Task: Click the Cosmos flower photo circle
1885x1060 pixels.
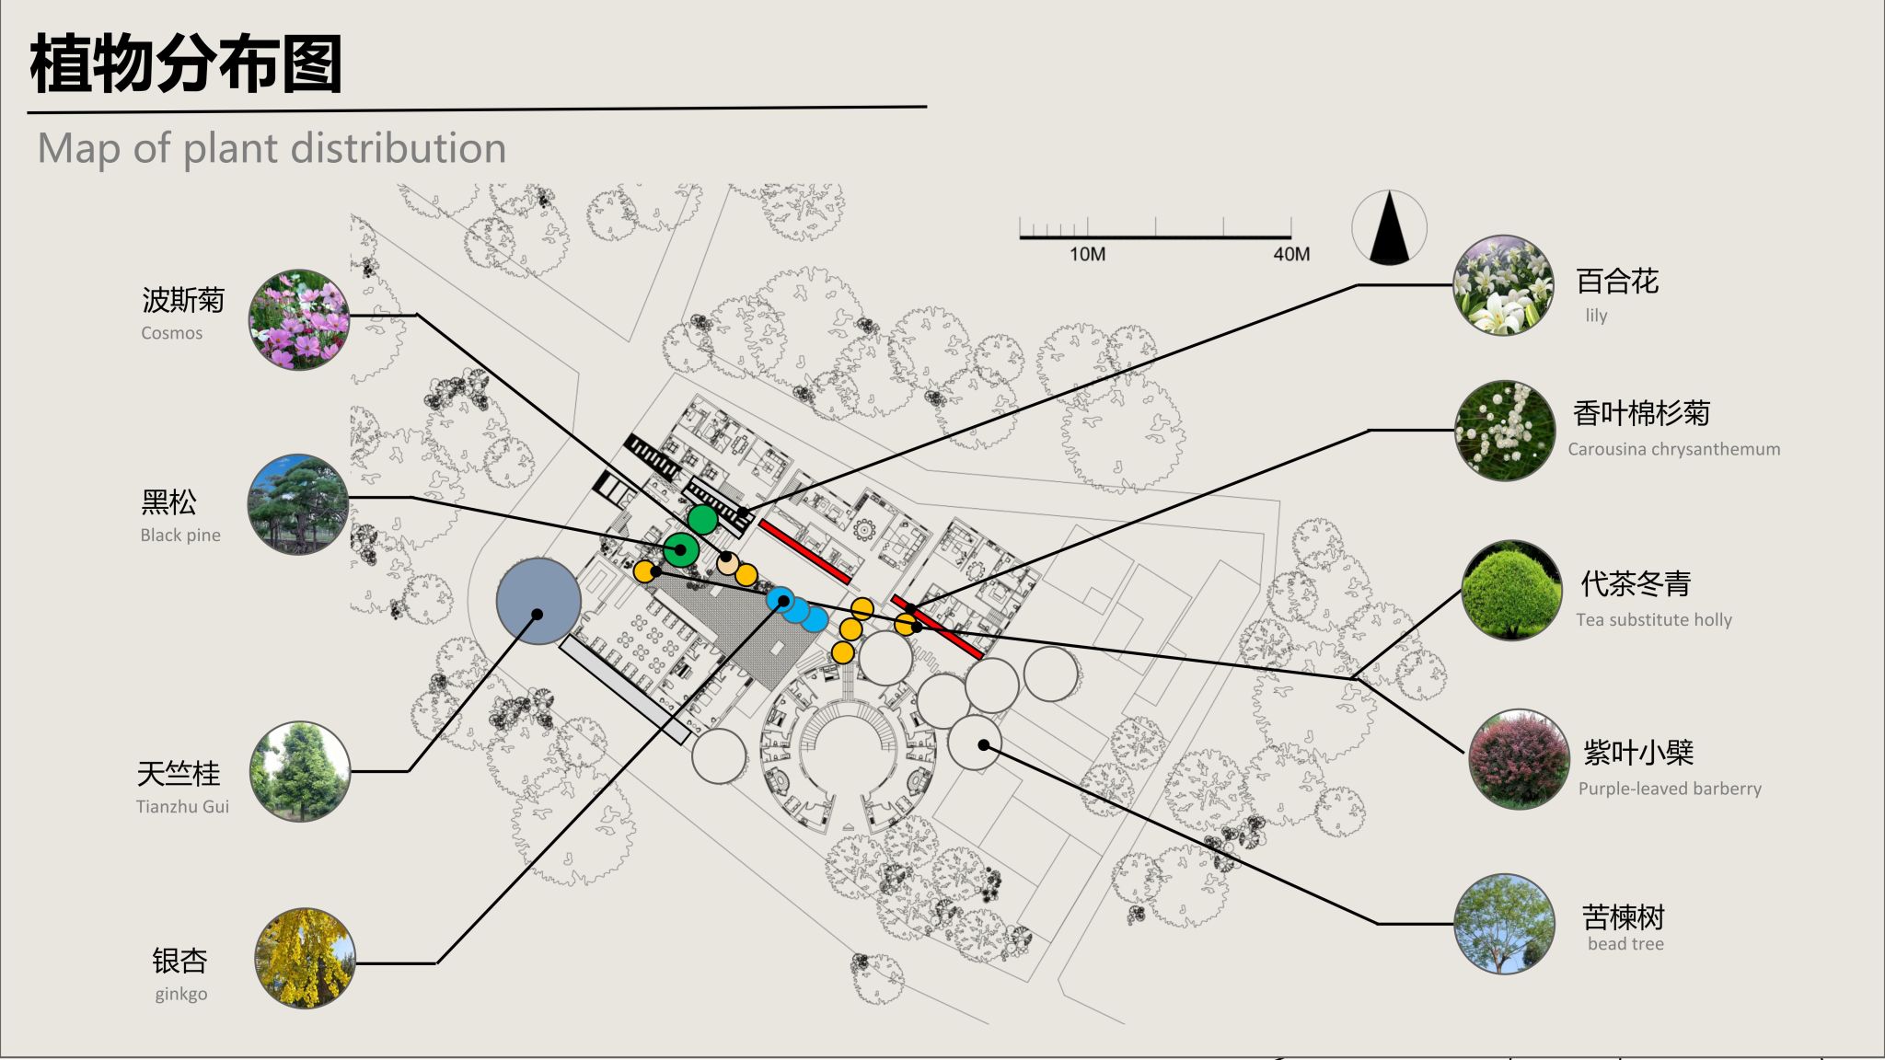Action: point(299,319)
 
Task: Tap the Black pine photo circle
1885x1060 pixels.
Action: point(298,503)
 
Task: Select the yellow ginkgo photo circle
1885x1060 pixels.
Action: point(305,958)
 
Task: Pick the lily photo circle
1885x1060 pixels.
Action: point(1503,285)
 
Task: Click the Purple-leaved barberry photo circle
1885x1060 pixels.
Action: point(1519,759)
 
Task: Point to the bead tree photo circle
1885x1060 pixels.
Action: point(1504,924)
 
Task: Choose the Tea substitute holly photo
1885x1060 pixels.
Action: point(1511,591)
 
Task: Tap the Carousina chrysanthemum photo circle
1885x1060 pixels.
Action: point(1505,431)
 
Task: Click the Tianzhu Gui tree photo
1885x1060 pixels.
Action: point(300,771)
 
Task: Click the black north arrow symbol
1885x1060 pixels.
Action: point(1389,228)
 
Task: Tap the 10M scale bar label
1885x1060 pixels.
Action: point(1087,254)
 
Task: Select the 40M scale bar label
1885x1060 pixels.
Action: point(1291,254)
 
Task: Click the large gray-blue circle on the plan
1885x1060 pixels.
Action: point(538,601)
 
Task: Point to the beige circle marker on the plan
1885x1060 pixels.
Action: point(727,563)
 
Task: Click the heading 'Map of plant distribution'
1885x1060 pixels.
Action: point(272,148)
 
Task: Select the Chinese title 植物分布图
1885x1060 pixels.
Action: point(186,63)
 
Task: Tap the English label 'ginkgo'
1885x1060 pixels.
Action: point(181,994)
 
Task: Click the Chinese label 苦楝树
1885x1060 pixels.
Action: point(1623,916)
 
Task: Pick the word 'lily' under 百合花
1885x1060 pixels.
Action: point(1596,316)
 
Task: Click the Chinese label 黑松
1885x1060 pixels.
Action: point(168,501)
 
